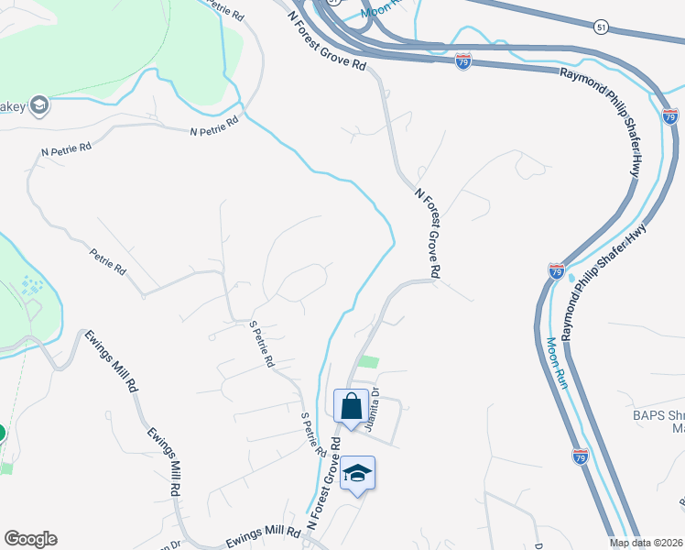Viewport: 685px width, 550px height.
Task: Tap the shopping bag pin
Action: pos(351,404)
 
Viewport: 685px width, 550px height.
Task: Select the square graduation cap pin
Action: pos(358,473)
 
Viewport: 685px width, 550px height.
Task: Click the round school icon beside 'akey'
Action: pos(38,106)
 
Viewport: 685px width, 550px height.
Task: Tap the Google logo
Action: pos(30,539)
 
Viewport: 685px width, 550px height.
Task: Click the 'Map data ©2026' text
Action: pos(646,543)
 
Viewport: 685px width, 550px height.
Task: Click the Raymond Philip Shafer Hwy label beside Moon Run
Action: pos(604,283)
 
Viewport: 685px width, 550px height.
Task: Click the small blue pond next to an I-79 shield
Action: pos(572,277)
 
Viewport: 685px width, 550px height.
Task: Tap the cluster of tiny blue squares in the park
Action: pos(31,286)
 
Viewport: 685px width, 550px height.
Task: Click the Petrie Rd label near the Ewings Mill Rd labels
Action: pos(107,260)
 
